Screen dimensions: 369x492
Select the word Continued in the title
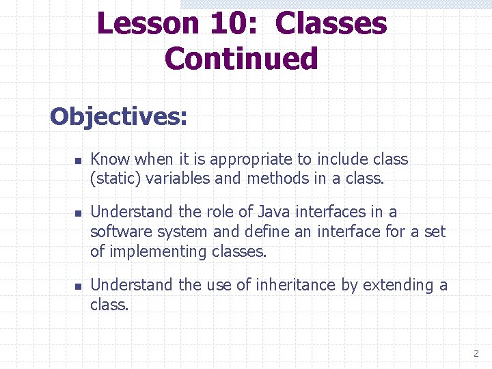(241, 59)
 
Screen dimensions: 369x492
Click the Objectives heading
(118, 116)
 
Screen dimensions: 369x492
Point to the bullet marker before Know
(78, 161)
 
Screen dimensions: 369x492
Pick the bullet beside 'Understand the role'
(78, 213)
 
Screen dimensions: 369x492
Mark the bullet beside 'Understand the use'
(78, 286)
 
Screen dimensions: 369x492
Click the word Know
(110, 160)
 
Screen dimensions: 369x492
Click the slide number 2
(476, 353)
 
